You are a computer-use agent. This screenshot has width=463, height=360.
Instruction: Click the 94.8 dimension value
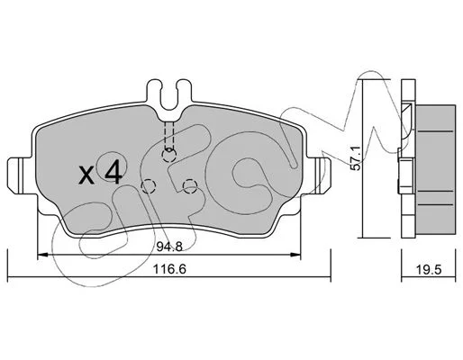pyautogui.click(x=169, y=247)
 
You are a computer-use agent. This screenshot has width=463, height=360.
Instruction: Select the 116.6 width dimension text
pyautogui.click(x=169, y=269)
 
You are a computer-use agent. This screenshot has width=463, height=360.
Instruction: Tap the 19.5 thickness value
pyautogui.click(x=429, y=270)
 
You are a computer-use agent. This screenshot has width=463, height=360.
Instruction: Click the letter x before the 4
pyautogui.click(x=86, y=175)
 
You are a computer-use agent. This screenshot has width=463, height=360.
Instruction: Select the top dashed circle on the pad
pyautogui.click(x=168, y=155)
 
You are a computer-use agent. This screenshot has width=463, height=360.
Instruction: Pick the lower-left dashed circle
pyautogui.click(x=148, y=186)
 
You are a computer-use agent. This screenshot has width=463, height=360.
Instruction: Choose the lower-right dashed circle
pyautogui.click(x=190, y=186)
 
